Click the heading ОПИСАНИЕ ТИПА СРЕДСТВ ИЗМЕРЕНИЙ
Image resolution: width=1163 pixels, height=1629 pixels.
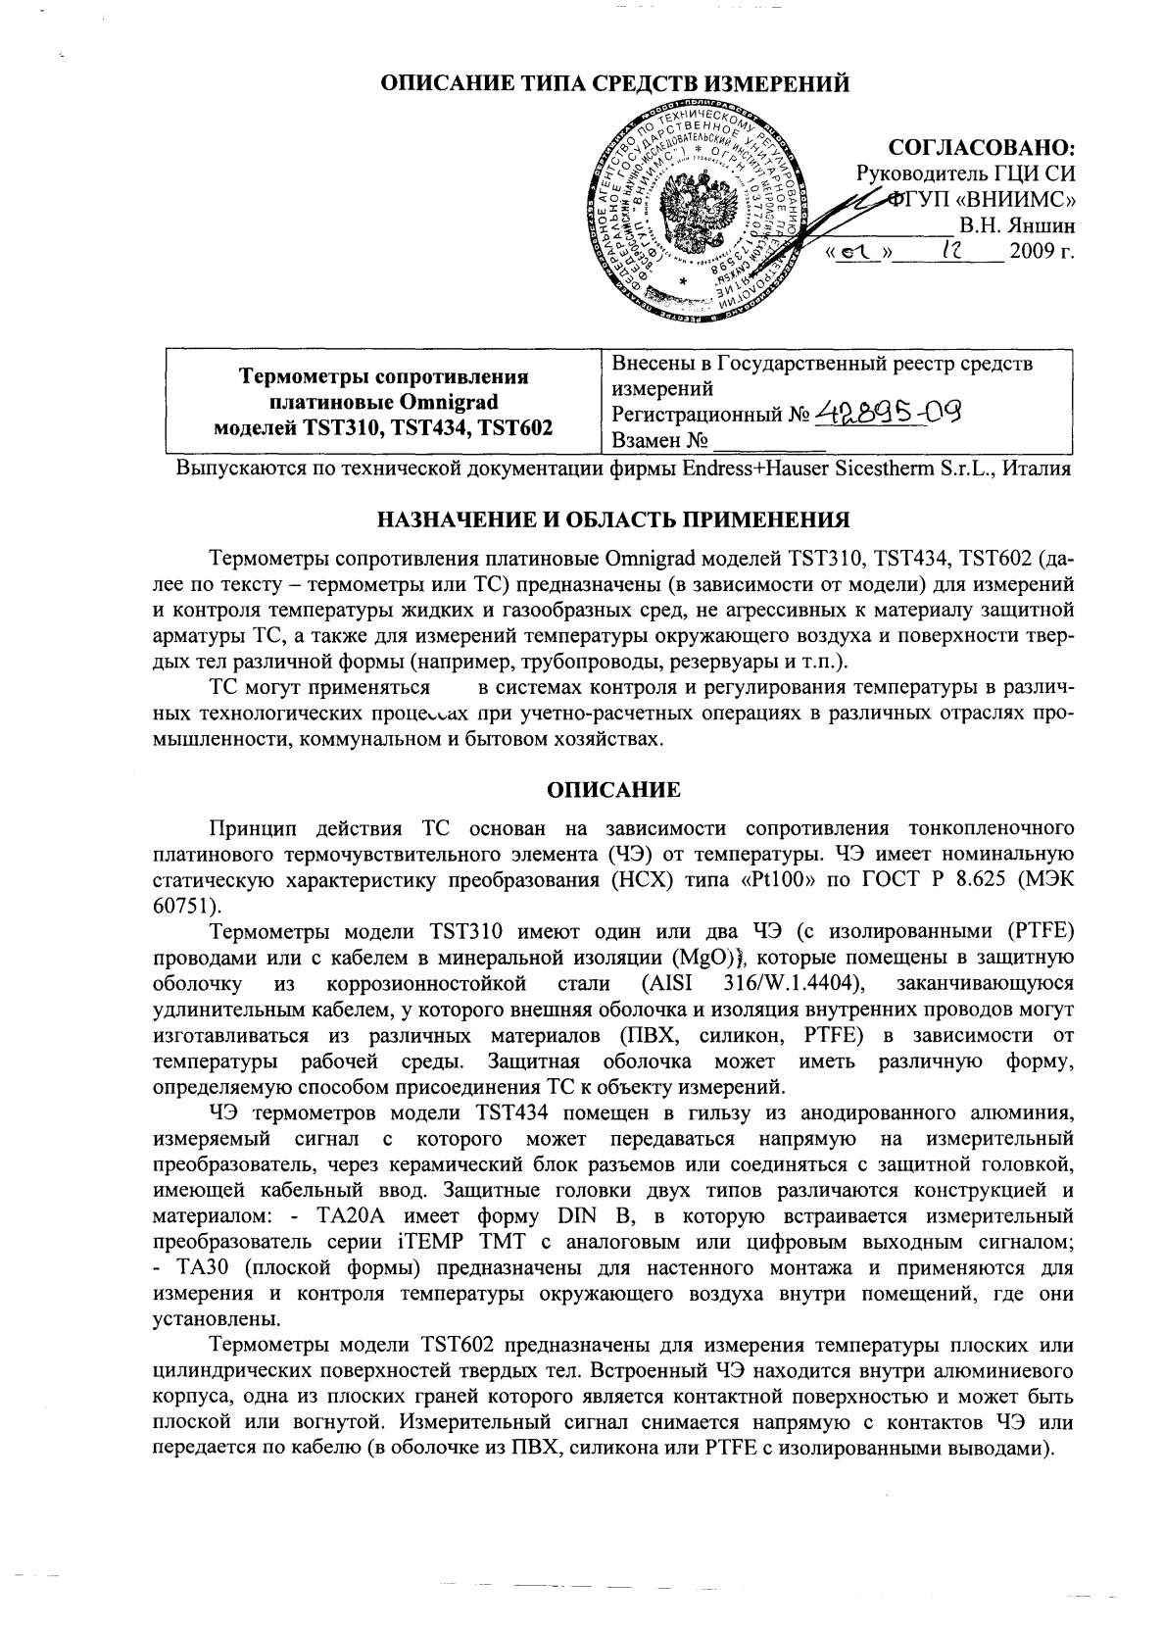click(614, 84)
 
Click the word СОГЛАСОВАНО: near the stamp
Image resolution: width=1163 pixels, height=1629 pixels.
click(981, 148)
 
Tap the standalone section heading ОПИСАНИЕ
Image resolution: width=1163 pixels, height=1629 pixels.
click(613, 787)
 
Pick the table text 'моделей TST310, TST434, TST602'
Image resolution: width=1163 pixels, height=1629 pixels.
click(383, 426)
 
